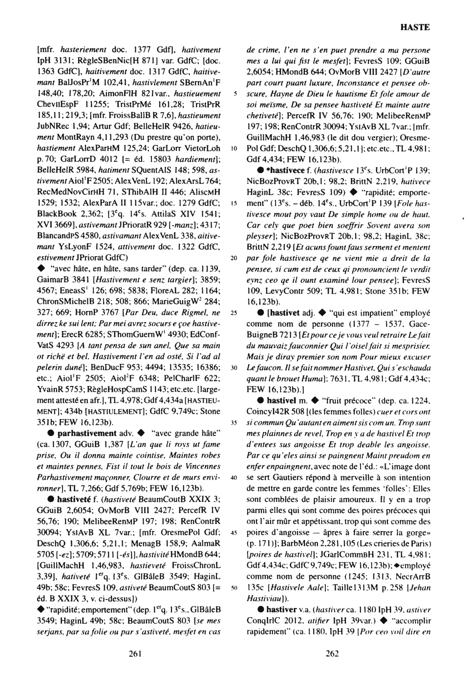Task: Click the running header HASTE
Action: click(415, 27)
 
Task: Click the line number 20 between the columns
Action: click(234, 257)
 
